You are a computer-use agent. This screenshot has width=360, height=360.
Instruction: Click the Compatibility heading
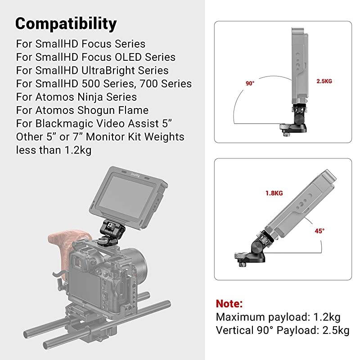click(x=66, y=23)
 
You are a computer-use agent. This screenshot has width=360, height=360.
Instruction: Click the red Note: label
click(x=229, y=303)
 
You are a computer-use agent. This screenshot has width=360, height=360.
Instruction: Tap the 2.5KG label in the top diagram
click(x=324, y=81)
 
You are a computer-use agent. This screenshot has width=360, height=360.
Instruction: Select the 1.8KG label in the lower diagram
click(x=274, y=193)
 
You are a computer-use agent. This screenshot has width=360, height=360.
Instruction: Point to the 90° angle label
click(x=250, y=83)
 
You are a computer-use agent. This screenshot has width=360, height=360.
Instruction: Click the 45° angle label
click(x=319, y=230)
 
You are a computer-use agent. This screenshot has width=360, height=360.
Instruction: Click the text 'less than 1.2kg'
click(x=54, y=150)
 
